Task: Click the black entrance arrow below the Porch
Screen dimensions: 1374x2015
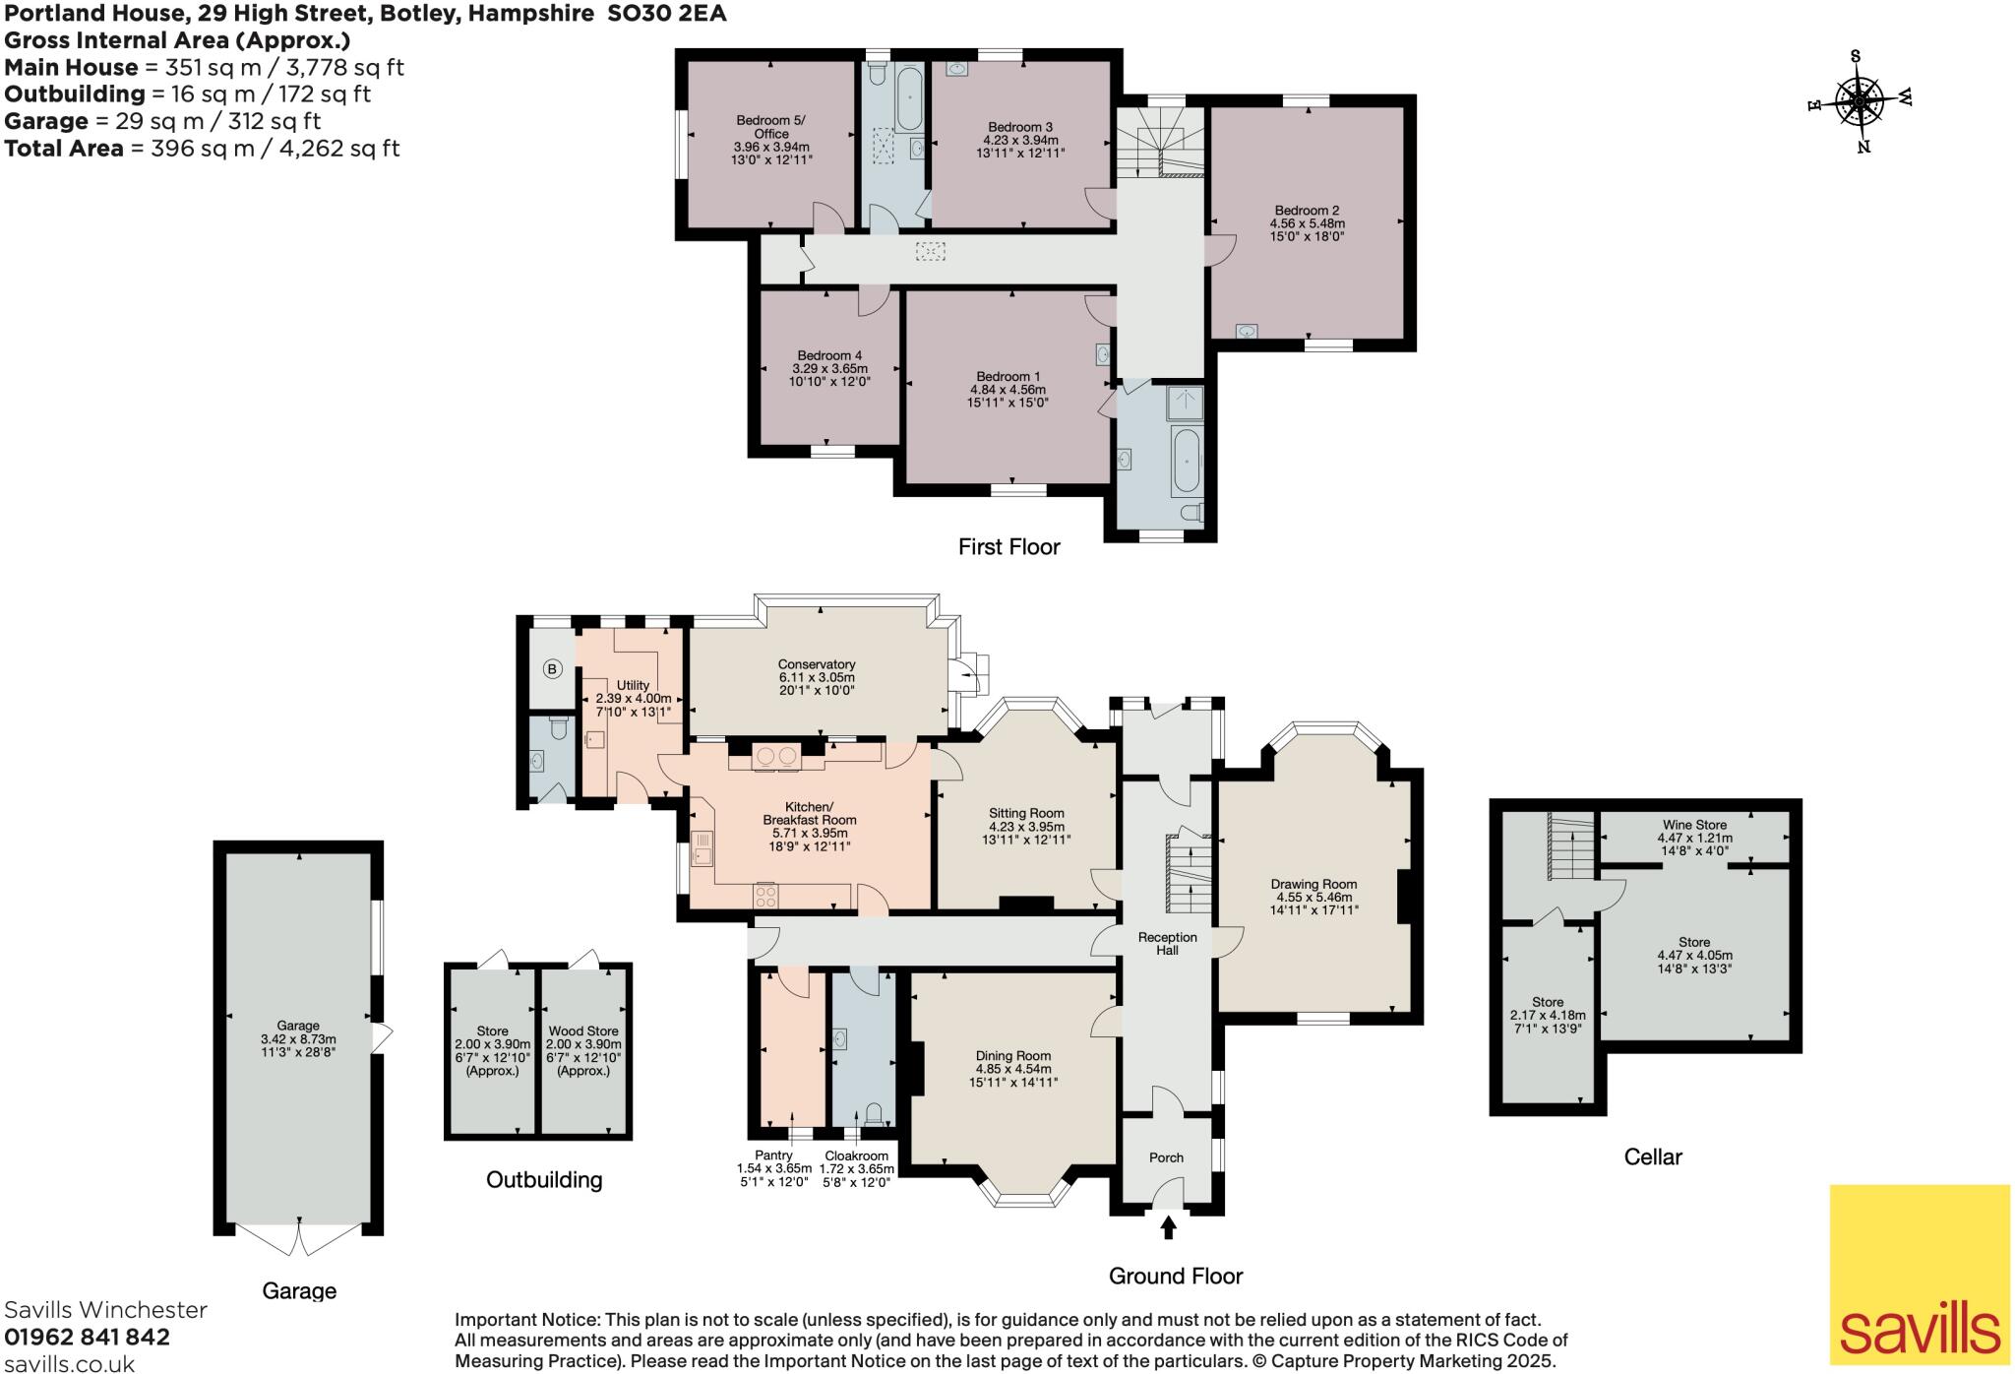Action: (x=1168, y=1227)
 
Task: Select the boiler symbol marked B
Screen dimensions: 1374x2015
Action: (x=552, y=669)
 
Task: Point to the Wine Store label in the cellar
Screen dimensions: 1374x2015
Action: (x=1694, y=825)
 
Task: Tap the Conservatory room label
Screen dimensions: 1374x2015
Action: (x=816, y=664)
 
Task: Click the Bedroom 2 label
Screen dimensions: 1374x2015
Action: (x=1307, y=211)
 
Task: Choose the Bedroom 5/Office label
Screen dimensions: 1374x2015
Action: (x=770, y=127)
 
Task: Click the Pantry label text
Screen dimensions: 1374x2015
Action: (x=773, y=1155)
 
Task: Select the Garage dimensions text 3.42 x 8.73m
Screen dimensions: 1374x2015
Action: (x=297, y=1039)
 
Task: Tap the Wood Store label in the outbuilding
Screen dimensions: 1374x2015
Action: (x=583, y=1030)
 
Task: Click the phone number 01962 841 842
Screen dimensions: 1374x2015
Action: (x=88, y=1337)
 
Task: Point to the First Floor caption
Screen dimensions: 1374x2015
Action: (x=1008, y=547)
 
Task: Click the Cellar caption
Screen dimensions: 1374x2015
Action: (x=1652, y=1156)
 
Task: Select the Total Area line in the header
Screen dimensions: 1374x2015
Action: (x=202, y=149)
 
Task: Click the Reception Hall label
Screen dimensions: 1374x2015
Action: (x=1167, y=944)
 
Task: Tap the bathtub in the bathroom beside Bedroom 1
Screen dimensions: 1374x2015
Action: (x=1186, y=462)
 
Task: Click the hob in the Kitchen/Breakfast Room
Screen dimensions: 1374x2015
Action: (x=764, y=896)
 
